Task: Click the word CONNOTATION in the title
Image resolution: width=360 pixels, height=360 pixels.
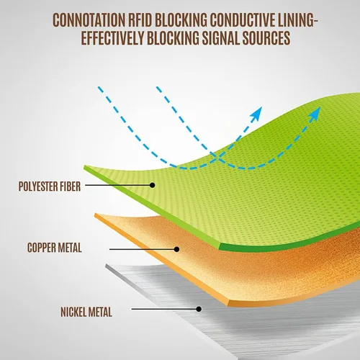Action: coord(89,20)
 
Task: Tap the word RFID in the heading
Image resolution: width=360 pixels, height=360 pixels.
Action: coord(140,20)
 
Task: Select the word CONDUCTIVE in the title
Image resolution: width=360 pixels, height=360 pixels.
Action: coord(243,20)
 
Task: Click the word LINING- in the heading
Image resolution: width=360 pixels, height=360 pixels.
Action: coord(297,20)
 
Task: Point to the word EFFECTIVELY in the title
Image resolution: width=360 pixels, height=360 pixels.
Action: coord(112,38)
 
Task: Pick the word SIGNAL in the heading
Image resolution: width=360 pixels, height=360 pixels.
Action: coord(220,38)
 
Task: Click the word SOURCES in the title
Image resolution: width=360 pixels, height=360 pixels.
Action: coord(266,38)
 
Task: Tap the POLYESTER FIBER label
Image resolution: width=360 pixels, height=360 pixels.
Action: coord(50,186)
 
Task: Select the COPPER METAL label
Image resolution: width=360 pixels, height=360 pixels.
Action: coord(55,248)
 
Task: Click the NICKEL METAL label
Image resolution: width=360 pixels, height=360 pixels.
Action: coord(86,312)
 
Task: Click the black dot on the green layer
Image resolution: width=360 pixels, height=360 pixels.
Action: coord(152,185)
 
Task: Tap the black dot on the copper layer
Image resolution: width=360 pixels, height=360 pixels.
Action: coord(176,249)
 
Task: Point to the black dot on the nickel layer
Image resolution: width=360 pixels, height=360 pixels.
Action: coord(199,309)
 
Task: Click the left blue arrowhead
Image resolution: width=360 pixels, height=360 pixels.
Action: coord(256,114)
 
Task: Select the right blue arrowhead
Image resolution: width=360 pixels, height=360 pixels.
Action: coord(315,114)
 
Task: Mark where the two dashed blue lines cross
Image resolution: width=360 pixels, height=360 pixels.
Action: coord(217,157)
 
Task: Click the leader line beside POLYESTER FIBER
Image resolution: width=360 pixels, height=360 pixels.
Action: coord(117,185)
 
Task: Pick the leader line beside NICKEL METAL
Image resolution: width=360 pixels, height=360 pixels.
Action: coord(164,309)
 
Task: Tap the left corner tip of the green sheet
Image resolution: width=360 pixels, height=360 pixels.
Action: coord(84,166)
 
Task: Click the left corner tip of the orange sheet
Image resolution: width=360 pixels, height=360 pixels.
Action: coord(95,215)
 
